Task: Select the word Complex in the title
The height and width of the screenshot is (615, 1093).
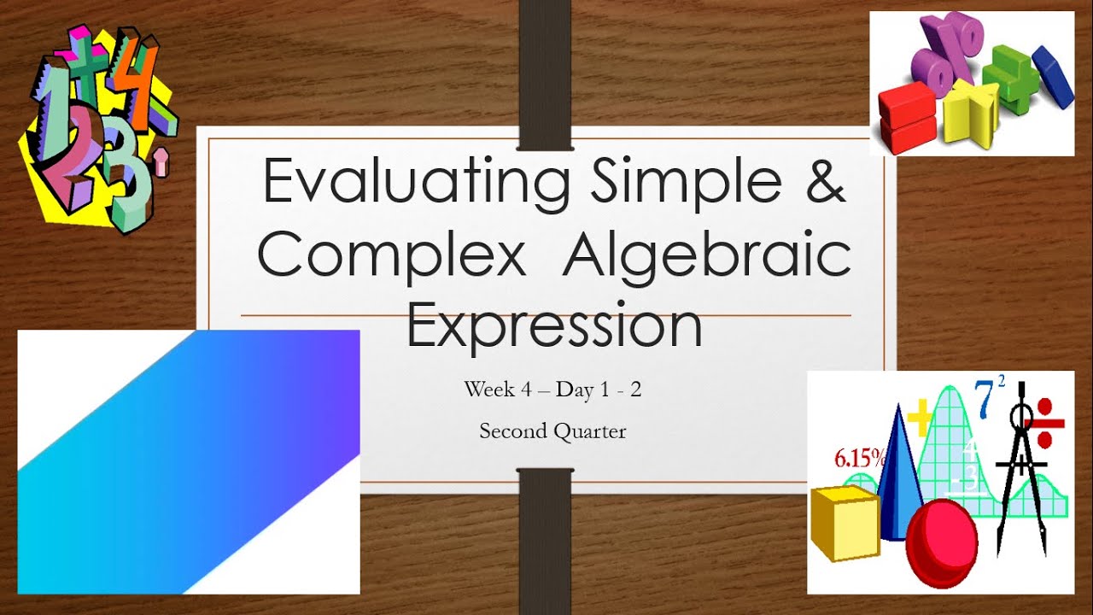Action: (392, 254)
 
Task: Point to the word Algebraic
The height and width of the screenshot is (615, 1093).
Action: (706, 254)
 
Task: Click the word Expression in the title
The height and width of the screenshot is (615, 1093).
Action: (554, 325)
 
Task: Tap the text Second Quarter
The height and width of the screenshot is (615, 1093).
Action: (552, 431)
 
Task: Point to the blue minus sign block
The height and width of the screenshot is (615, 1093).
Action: (1052, 77)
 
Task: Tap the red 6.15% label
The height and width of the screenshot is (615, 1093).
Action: (860, 459)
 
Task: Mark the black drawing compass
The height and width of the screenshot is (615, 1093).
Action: (1021, 478)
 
